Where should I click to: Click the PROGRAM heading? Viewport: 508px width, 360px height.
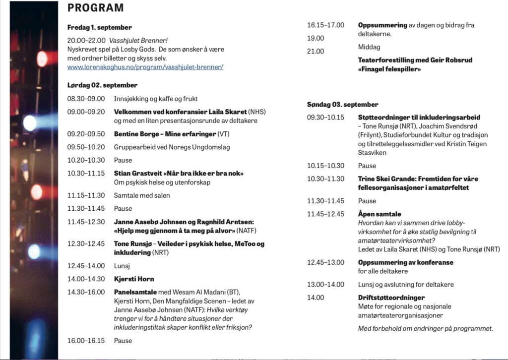tap(95, 8)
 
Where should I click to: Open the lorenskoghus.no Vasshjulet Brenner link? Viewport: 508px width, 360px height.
tap(145, 66)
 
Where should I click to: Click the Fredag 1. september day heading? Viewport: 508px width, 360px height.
tap(99, 27)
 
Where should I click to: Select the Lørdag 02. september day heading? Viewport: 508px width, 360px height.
tap(102, 85)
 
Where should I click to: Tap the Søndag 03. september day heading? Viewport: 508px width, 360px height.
tap(342, 105)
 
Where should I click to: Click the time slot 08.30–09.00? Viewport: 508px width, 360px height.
tap(86, 99)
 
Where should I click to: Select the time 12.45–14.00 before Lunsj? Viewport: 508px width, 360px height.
tap(86, 266)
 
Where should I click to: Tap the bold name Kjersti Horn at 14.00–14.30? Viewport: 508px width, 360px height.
tap(134, 279)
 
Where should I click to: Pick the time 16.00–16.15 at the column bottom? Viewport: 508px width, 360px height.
tap(86, 341)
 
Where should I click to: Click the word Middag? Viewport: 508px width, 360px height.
tap(369, 47)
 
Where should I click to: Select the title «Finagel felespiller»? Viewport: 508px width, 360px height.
tap(389, 69)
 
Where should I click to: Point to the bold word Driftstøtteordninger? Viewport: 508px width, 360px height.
tap(391, 298)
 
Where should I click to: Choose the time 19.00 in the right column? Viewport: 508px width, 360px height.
tap(316, 38)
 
